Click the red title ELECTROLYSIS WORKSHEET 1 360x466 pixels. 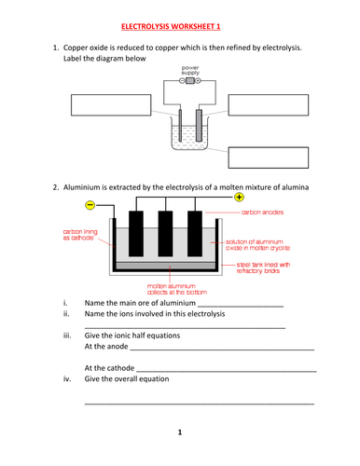171,26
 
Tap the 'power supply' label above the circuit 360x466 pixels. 190,70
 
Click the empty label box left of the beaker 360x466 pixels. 111,105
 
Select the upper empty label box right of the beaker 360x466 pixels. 269,105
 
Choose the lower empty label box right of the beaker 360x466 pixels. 269,158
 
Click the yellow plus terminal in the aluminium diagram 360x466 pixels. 239,197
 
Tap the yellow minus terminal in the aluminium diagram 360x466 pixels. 90,205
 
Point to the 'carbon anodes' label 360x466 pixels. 262,212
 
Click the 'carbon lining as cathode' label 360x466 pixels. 80,235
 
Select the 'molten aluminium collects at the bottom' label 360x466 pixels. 177,289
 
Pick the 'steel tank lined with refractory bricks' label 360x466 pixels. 263,267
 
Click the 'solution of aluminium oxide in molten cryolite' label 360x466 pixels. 257,245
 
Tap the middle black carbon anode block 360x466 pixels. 165,234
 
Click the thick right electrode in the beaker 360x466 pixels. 199,125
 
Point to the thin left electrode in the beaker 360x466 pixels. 180,125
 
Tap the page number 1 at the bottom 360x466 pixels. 180,432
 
